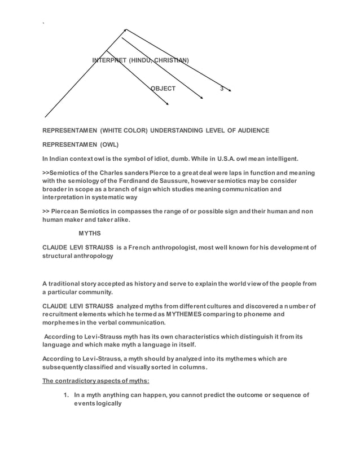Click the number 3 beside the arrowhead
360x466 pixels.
tap(222, 89)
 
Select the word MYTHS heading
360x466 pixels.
tap(90, 233)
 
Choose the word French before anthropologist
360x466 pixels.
tap(146, 247)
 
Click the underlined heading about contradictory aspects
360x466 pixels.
tap(96, 380)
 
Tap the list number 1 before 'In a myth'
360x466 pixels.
tap(64, 395)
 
